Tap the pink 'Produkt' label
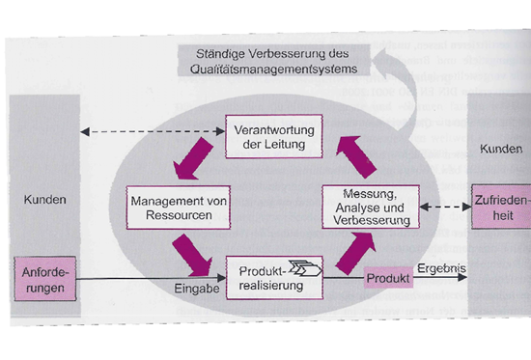[x=386, y=278]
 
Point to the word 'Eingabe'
[x=198, y=287]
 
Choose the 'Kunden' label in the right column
[x=499, y=150]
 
